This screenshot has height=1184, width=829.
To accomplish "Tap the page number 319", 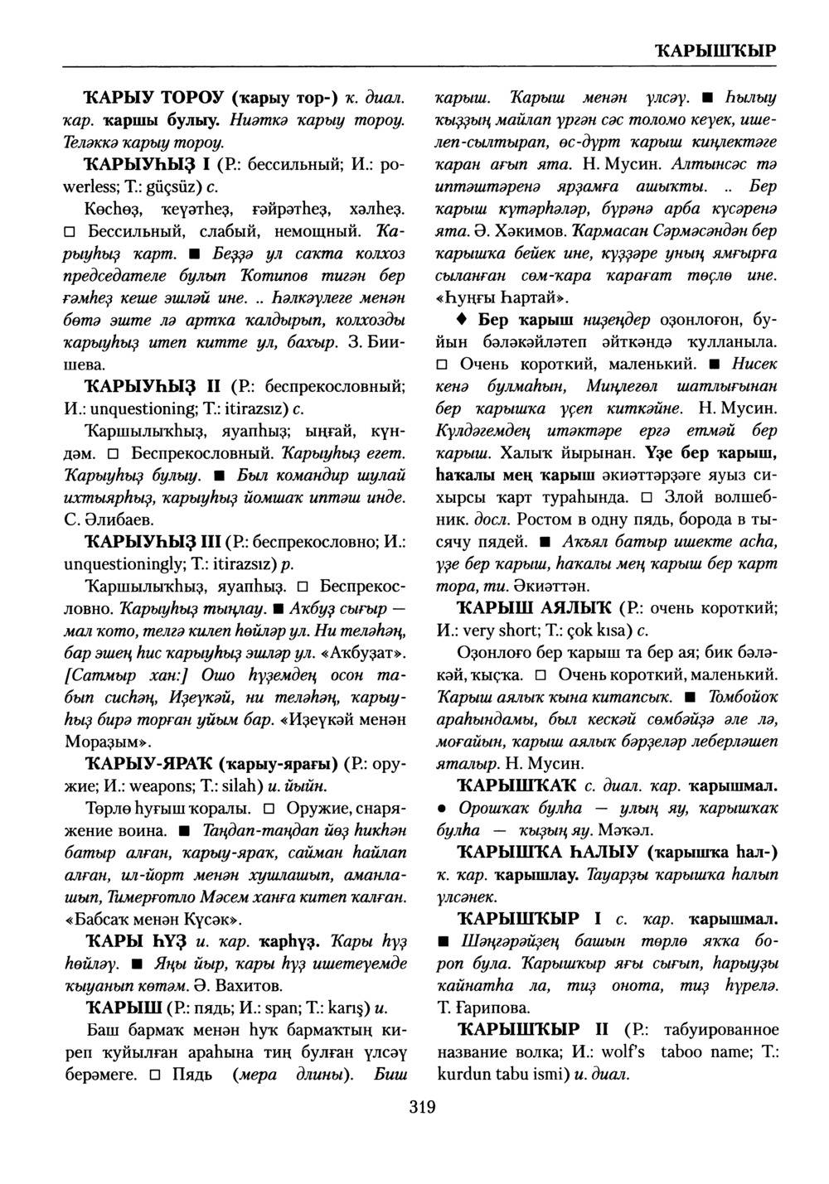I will (x=422, y=1106).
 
